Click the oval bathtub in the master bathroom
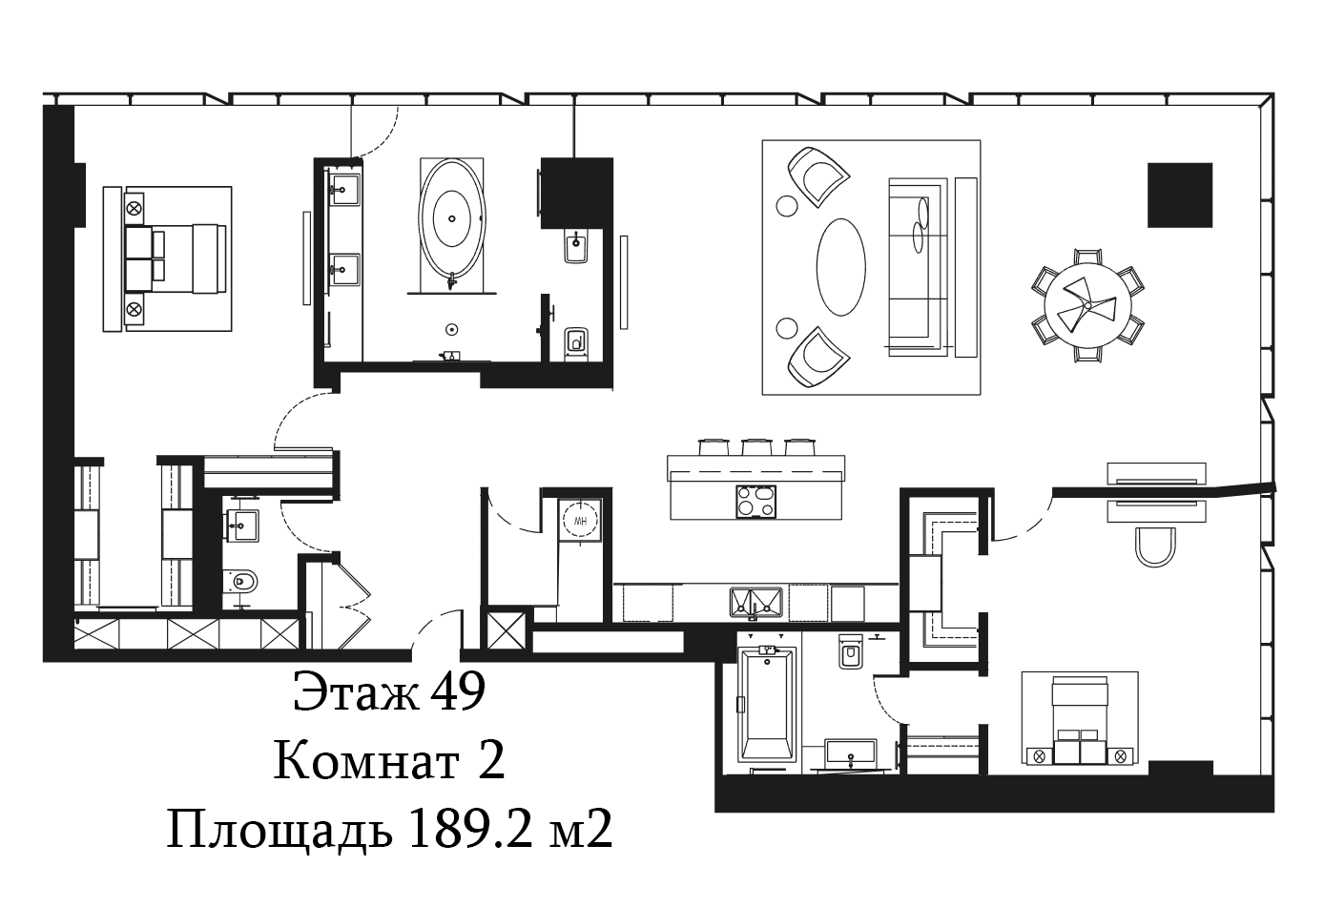(x=452, y=219)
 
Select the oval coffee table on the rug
(x=841, y=267)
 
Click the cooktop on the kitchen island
(x=756, y=503)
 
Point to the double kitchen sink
(x=756, y=603)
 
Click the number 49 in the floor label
(x=458, y=691)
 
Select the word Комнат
(x=366, y=762)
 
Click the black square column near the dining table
(x=1180, y=195)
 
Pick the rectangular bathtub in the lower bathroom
(x=768, y=703)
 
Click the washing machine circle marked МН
(x=580, y=521)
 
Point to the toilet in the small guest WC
(x=240, y=582)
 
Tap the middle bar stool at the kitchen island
(x=757, y=446)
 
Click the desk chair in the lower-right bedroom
(x=1155, y=547)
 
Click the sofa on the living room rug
(x=916, y=267)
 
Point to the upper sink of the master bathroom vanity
(x=344, y=190)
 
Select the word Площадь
(x=279, y=830)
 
